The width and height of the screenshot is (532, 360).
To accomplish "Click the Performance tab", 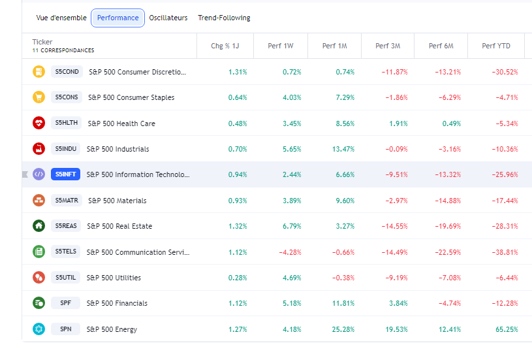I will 117,18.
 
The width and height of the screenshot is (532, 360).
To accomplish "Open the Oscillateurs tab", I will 168,18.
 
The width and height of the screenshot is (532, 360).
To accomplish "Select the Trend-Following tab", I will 224,18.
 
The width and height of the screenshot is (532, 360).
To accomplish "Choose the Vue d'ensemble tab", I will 61,18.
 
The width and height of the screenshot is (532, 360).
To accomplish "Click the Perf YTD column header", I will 496,46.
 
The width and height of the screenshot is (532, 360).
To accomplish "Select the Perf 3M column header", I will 388,46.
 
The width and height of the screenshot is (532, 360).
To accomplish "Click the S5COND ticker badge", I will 67,72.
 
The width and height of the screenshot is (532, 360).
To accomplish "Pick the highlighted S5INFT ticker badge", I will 66,174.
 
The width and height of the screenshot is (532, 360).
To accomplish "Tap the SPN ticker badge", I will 66,329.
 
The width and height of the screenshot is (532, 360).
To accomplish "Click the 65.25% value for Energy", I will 507,329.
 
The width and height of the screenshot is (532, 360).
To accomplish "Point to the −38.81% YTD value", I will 505,252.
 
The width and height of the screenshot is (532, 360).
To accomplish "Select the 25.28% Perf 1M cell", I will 344,329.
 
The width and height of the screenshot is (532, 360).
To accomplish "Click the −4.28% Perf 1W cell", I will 289,252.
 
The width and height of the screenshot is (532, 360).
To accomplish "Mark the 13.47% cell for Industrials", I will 343,149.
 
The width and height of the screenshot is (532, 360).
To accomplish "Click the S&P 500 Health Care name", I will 121,123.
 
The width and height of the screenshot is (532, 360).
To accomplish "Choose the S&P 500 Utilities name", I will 114,278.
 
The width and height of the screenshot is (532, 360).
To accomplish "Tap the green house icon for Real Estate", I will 39,226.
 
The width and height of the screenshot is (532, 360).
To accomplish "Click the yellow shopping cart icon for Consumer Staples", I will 39,97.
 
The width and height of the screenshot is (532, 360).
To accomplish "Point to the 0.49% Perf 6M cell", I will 452,123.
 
